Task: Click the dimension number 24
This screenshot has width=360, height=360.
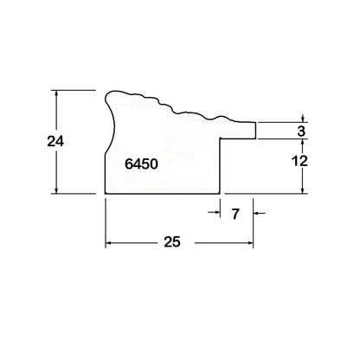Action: [55, 141]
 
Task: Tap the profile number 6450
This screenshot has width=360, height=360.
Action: [141, 164]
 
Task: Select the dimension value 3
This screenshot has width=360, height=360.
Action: [301, 132]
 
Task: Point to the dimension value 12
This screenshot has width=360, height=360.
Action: [299, 161]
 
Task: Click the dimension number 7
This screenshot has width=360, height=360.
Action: [235, 214]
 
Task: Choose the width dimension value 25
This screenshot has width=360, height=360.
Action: [172, 241]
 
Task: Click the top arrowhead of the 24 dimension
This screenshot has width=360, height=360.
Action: [56, 93]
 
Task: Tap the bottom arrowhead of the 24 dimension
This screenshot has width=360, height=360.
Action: [56, 190]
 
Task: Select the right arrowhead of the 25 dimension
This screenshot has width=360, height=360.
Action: [250, 243]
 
